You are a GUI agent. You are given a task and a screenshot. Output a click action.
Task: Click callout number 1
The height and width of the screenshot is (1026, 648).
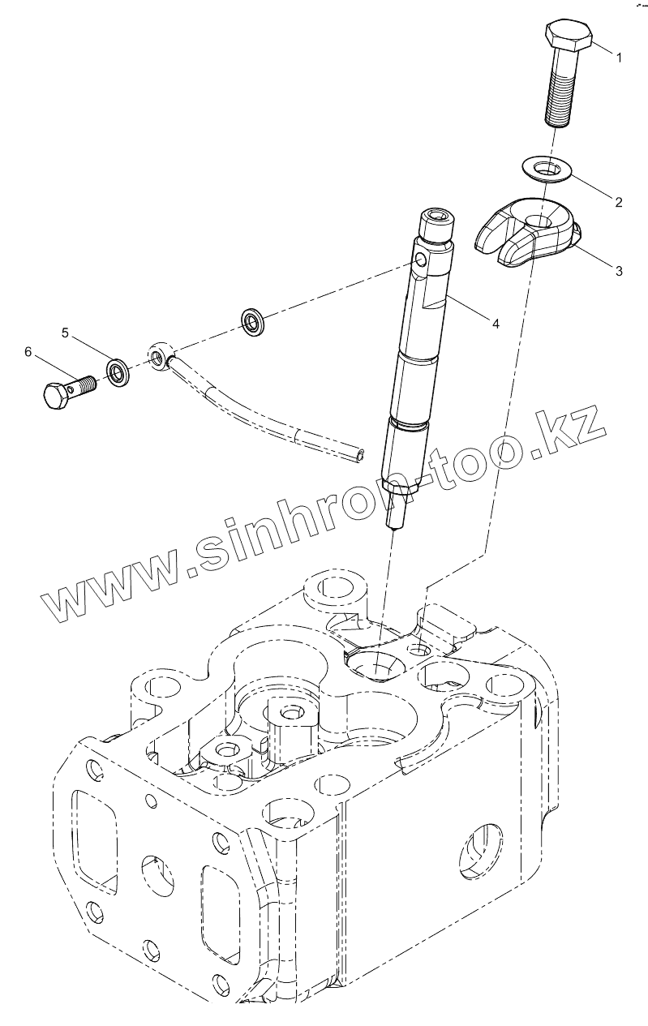[618, 58]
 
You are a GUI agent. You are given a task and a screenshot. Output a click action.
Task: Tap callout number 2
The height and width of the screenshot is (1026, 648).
[619, 202]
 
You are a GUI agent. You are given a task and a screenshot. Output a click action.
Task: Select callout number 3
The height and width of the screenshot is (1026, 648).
[619, 270]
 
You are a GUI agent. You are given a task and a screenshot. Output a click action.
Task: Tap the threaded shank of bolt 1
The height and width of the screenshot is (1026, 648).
[560, 93]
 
